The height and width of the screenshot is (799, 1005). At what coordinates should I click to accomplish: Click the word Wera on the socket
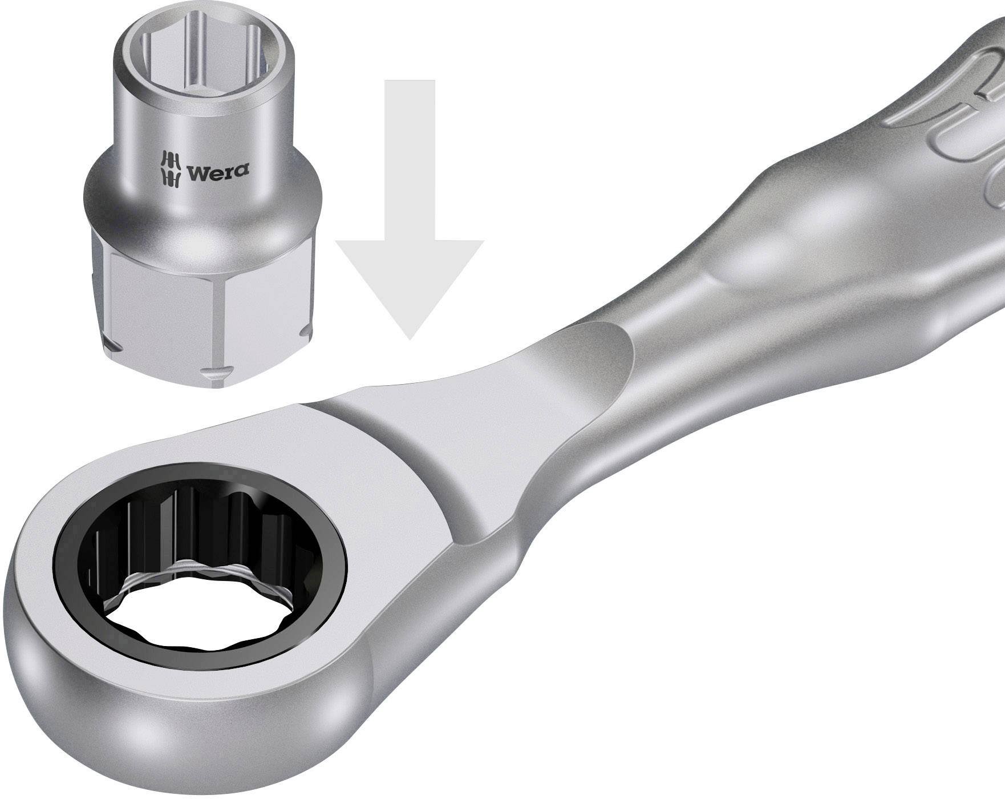pyautogui.click(x=217, y=171)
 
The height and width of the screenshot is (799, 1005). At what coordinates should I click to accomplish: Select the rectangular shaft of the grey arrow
pyautogui.click(x=410, y=160)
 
